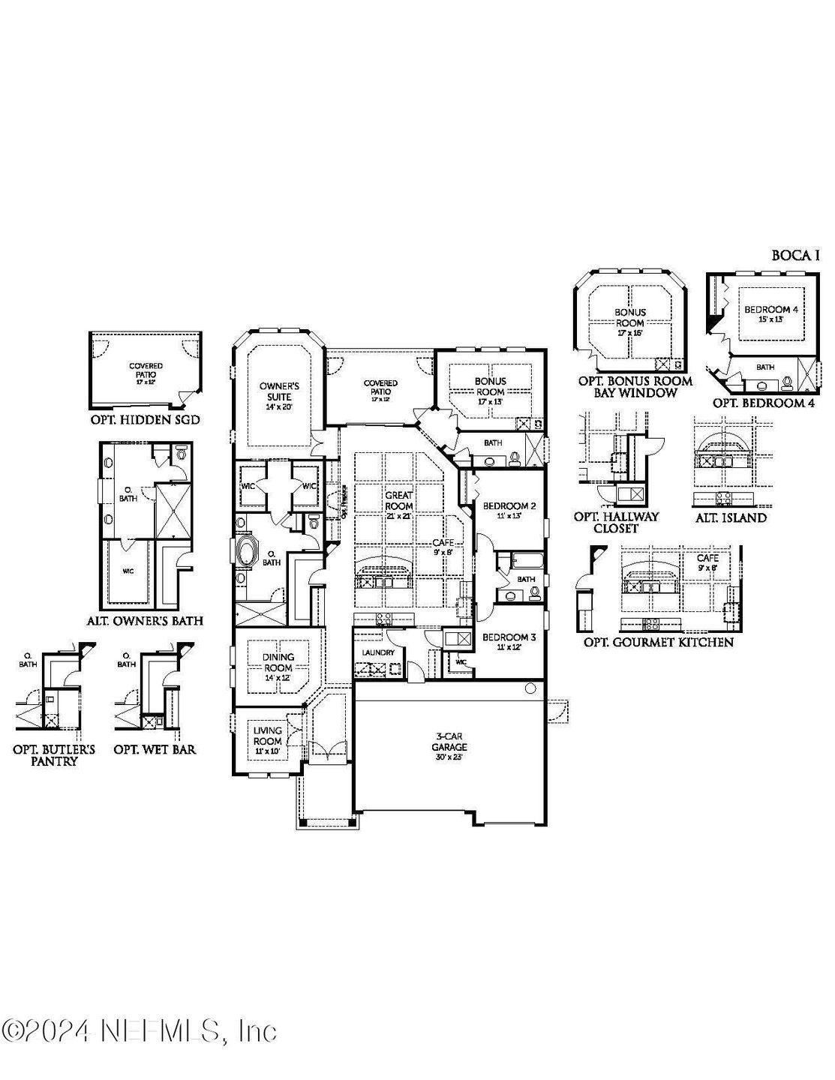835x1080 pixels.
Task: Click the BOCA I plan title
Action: coord(795,256)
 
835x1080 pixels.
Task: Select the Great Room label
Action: coord(399,500)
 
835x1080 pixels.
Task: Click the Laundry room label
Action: coord(378,652)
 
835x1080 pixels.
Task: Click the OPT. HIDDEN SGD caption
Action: coord(144,420)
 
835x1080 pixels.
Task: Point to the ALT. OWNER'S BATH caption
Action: coord(144,621)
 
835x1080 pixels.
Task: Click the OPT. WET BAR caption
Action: coord(155,749)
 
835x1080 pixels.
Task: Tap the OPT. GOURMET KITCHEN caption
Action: coord(659,642)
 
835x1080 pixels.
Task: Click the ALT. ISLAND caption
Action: coord(730,517)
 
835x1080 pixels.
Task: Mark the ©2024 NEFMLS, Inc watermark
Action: coord(140,1030)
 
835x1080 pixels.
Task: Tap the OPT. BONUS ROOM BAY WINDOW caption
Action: coord(635,386)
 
